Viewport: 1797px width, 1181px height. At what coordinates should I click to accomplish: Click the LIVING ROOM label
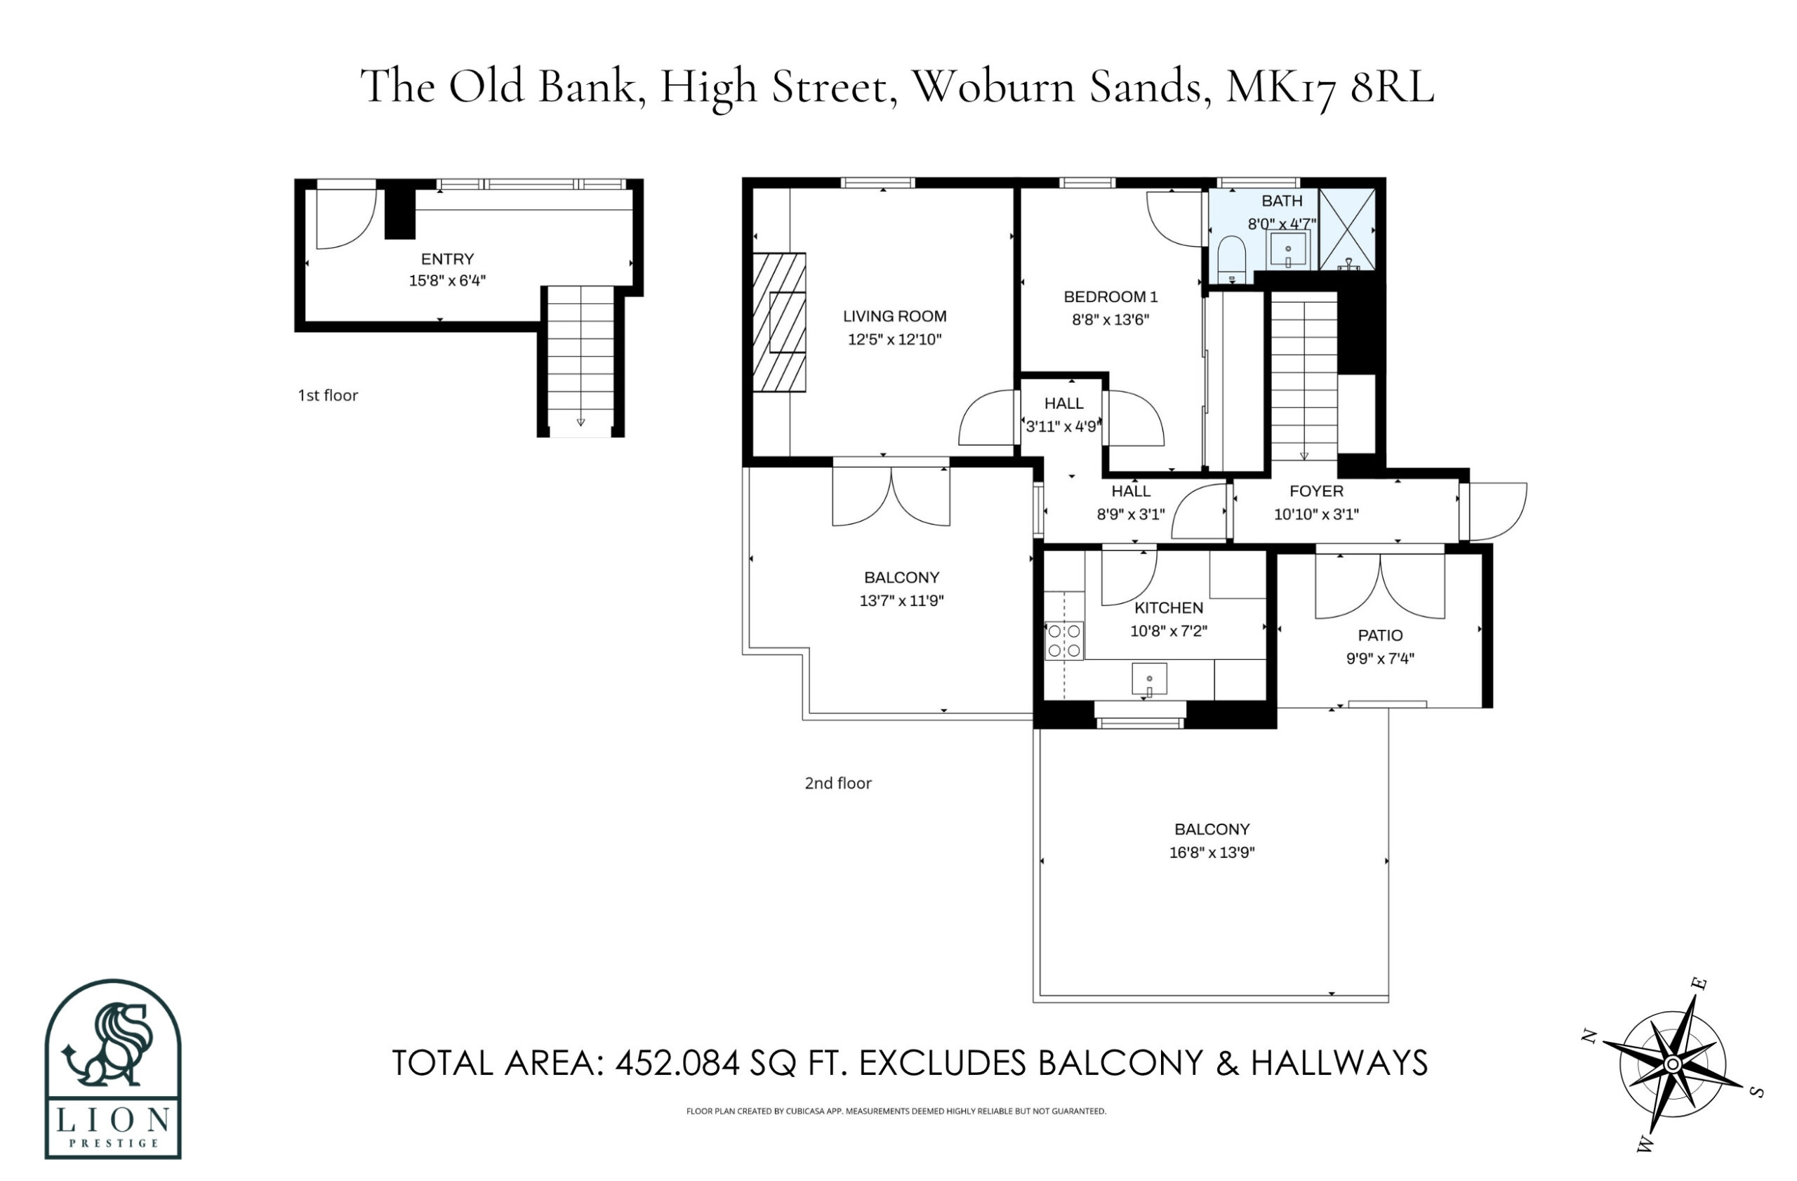point(895,317)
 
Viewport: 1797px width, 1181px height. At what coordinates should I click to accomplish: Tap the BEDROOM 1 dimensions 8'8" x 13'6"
point(1110,319)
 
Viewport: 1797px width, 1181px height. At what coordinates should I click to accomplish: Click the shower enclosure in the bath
point(1346,229)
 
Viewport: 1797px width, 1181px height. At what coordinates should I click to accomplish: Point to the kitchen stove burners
point(1064,640)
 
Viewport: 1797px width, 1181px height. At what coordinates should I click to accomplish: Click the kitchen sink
point(1149,679)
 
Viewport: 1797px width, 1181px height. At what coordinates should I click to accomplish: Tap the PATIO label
point(1380,636)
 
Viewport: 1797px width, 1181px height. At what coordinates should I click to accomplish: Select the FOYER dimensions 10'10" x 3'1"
point(1316,514)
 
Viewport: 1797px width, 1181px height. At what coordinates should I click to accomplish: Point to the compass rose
point(1673,1064)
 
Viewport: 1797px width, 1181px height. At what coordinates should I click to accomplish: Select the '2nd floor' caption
point(838,783)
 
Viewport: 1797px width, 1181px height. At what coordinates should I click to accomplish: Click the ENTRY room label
point(447,259)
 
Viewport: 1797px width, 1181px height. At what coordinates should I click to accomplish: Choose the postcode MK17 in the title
point(1281,88)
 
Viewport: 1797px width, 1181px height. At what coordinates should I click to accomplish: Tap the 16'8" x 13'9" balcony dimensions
point(1212,852)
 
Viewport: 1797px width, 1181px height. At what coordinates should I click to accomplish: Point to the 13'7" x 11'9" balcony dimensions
point(901,601)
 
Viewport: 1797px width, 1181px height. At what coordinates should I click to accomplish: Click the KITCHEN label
point(1169,608)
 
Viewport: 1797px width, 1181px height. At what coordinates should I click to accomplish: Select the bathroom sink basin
point(1288,250)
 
